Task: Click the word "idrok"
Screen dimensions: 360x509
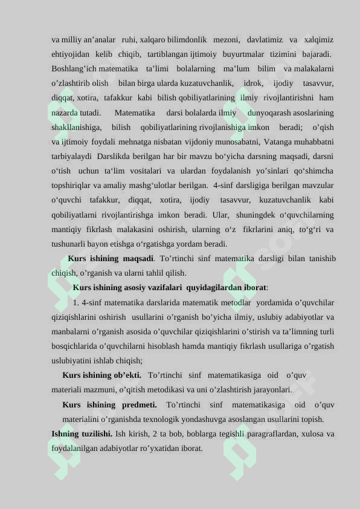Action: tap(252, 83)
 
